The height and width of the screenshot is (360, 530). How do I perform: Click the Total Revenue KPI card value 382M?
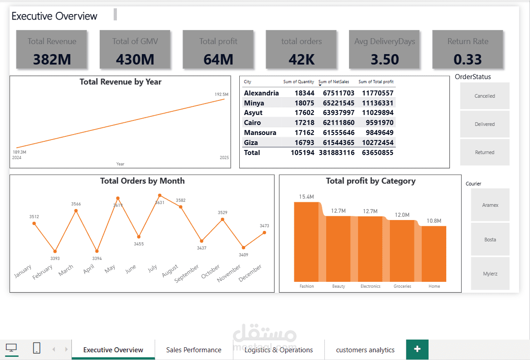point(52,59)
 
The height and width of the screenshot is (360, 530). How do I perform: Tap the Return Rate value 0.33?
point(468,59)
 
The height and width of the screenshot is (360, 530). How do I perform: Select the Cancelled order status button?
point(485,96)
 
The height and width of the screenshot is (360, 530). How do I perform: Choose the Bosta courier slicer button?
point(490,240)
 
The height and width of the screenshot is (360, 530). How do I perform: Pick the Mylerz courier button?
point(490,274)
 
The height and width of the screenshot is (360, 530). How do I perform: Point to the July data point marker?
point(160,195)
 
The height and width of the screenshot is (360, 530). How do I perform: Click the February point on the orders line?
point(55,251)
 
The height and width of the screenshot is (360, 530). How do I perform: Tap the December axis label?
point(251,273)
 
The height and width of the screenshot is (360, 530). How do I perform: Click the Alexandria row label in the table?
point(261,93)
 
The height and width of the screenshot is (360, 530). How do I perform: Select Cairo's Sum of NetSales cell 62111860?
point(338,123)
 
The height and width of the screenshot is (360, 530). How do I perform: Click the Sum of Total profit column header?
point(376,82)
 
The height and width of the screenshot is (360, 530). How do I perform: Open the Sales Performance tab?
point(194,350)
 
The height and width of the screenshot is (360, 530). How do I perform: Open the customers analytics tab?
point(365,350)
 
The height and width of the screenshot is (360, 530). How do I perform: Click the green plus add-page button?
point(417,349)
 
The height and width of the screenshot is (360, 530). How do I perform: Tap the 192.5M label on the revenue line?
point(222,95)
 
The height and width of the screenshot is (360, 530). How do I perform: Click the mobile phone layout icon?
point(37,348)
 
